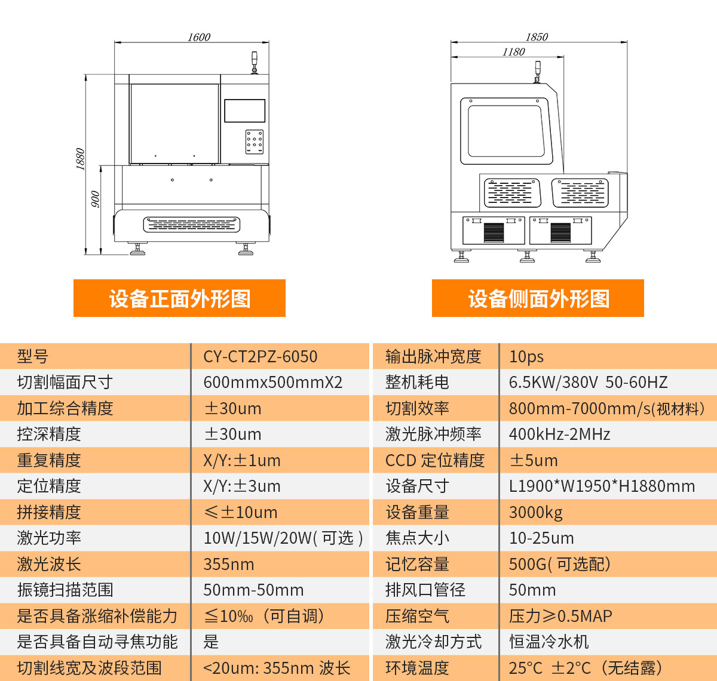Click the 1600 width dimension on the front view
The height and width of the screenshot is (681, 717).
click(199, 37)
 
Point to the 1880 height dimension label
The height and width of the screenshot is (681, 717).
click(81, 159)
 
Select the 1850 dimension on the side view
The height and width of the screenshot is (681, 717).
click(537, 37)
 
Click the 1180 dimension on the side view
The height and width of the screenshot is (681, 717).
click(513, 52)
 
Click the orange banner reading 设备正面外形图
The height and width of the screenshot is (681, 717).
click(179, 298)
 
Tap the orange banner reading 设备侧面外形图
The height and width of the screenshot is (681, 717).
click(538, 298)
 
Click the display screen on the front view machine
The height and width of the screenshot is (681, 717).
click(244, 111)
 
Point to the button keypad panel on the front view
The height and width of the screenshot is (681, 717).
click(255, 142)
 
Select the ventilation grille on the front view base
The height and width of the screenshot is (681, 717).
click(192, 224)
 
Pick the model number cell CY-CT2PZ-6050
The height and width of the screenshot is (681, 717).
click(261, 356)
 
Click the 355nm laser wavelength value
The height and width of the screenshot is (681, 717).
click(229, 564)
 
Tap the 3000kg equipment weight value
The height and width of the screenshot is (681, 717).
click(535, 512)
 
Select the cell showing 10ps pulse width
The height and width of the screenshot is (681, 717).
click(526, 356)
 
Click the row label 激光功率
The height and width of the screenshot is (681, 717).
click(49, 538)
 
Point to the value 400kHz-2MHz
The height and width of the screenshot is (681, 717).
click(559, 434)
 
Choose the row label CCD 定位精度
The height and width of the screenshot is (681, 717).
click(435, 460)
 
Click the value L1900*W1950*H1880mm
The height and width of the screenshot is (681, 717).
click(602, 486)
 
